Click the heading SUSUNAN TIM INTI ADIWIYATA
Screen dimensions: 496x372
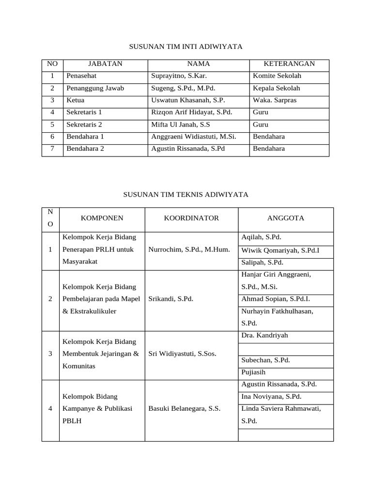[x=185, y=46]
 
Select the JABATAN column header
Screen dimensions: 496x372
[x=105, y=64]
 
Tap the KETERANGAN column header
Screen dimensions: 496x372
[x=289, y=64]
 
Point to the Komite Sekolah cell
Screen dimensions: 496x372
[x=277, y=76]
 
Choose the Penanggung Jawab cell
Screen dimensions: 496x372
[x=95, y=88]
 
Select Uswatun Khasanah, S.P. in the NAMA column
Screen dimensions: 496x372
[x=188, y=100]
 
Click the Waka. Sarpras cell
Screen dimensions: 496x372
[x=275, y=100]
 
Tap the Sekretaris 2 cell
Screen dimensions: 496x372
[x=84, y=124]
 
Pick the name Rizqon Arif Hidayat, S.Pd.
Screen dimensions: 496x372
[x=192, y=112]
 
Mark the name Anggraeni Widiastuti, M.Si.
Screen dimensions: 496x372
[x=194, y=137]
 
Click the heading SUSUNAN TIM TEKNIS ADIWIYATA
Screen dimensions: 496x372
[x=186, y=194]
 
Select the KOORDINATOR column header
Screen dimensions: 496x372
[x=191, y=218]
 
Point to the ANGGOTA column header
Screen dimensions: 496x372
[x=286, y=218]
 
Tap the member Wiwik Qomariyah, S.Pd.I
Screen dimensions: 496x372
[x=280, y=250]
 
